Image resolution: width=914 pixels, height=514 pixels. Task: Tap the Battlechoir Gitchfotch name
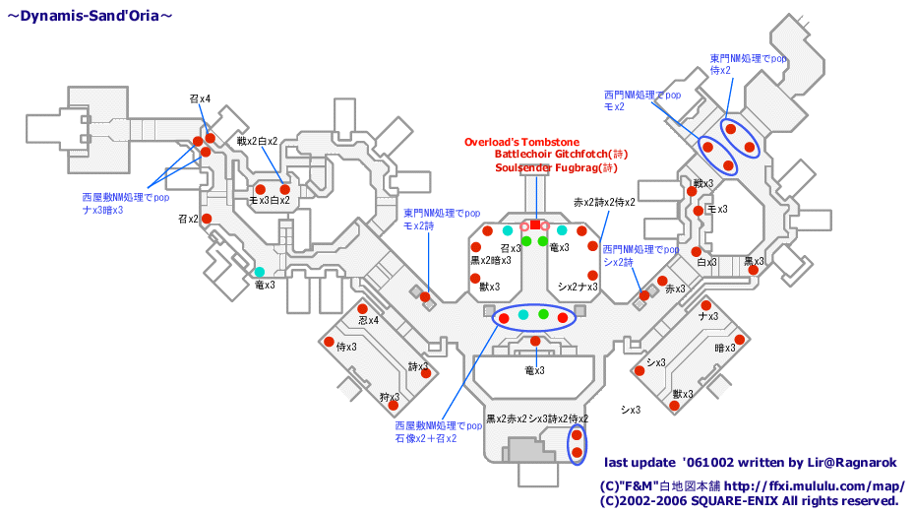559,155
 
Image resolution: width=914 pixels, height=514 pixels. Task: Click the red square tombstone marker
535,225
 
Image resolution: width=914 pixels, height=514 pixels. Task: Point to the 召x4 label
200,98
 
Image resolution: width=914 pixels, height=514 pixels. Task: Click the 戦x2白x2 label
257,141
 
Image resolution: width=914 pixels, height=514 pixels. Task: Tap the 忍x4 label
368,320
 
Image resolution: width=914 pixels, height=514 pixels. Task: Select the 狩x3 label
389,398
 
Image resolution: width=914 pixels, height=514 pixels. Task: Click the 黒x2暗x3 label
490,261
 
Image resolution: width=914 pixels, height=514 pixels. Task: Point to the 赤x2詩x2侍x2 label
604,202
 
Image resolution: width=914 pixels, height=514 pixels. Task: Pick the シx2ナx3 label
578,287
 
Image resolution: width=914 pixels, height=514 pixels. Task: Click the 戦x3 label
702,183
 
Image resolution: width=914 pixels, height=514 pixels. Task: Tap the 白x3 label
706,262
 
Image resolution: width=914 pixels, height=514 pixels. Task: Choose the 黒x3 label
754,262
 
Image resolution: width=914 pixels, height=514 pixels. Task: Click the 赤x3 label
674,289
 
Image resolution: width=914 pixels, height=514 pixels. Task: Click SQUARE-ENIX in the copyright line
725,500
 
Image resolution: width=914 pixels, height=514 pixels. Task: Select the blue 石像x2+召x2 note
426,438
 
